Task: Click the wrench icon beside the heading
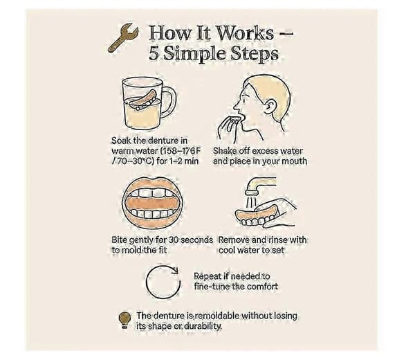[x=123, y=37]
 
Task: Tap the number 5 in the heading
[x=154, y=53]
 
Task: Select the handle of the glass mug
[x=169, y=102]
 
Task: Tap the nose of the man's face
[x=237, y=106]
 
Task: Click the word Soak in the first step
[x=121, y=141]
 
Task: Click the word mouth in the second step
[x=295, y=161]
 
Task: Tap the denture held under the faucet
[x=256, y=215]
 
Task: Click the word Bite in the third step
[x=118, y=240]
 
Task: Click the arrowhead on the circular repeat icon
[x=174, y=270]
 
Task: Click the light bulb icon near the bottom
[x=124, y=320]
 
